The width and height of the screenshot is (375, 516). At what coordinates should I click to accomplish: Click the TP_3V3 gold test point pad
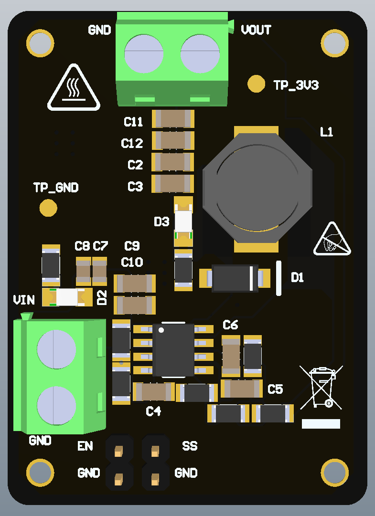(x=256, y=84)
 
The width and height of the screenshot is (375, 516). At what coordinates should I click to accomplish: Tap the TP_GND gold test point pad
(x=48, y=208)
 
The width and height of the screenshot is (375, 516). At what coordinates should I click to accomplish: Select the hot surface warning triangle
(x=74, y=87)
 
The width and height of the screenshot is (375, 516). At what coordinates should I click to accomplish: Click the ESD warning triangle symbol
(x=332, y=239)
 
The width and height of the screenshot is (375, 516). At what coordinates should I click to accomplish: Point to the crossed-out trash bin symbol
(x=321, y=388)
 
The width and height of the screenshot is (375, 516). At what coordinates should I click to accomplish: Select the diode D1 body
(x=235, y=278)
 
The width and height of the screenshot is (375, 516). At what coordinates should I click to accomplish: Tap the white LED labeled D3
(x=183, y=221)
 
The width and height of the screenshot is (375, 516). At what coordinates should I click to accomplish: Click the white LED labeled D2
(x=67, y=297)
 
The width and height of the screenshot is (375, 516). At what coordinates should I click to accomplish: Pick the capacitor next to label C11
(x=173, y=119)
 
